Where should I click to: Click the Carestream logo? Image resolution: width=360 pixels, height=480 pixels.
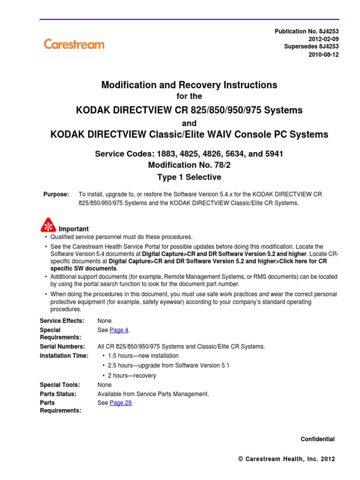(74, 45)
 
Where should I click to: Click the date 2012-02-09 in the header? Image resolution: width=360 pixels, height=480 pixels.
(323, 39)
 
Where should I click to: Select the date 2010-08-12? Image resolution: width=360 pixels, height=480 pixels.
(323, 54)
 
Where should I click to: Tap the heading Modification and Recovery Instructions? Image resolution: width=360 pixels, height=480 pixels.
(189, 85)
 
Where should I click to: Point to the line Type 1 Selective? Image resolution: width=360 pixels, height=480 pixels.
(189, 177)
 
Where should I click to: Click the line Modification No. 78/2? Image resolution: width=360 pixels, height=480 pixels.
(189, 165)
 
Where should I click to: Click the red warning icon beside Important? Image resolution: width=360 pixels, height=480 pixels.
(48, 225)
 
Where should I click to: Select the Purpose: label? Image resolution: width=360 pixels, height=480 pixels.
(56, 194)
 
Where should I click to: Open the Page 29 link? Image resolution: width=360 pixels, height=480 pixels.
(120, 403)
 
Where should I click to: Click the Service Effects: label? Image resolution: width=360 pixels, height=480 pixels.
(62, 321)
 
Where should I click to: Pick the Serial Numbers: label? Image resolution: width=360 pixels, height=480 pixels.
(62, 346)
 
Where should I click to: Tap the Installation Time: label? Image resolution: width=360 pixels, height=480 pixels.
(64, 356)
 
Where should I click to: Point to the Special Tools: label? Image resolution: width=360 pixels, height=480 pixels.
(60, 385)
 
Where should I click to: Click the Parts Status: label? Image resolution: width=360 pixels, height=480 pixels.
(58, 394)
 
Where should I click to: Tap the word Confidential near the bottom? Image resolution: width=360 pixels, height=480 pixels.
(317, 439)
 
